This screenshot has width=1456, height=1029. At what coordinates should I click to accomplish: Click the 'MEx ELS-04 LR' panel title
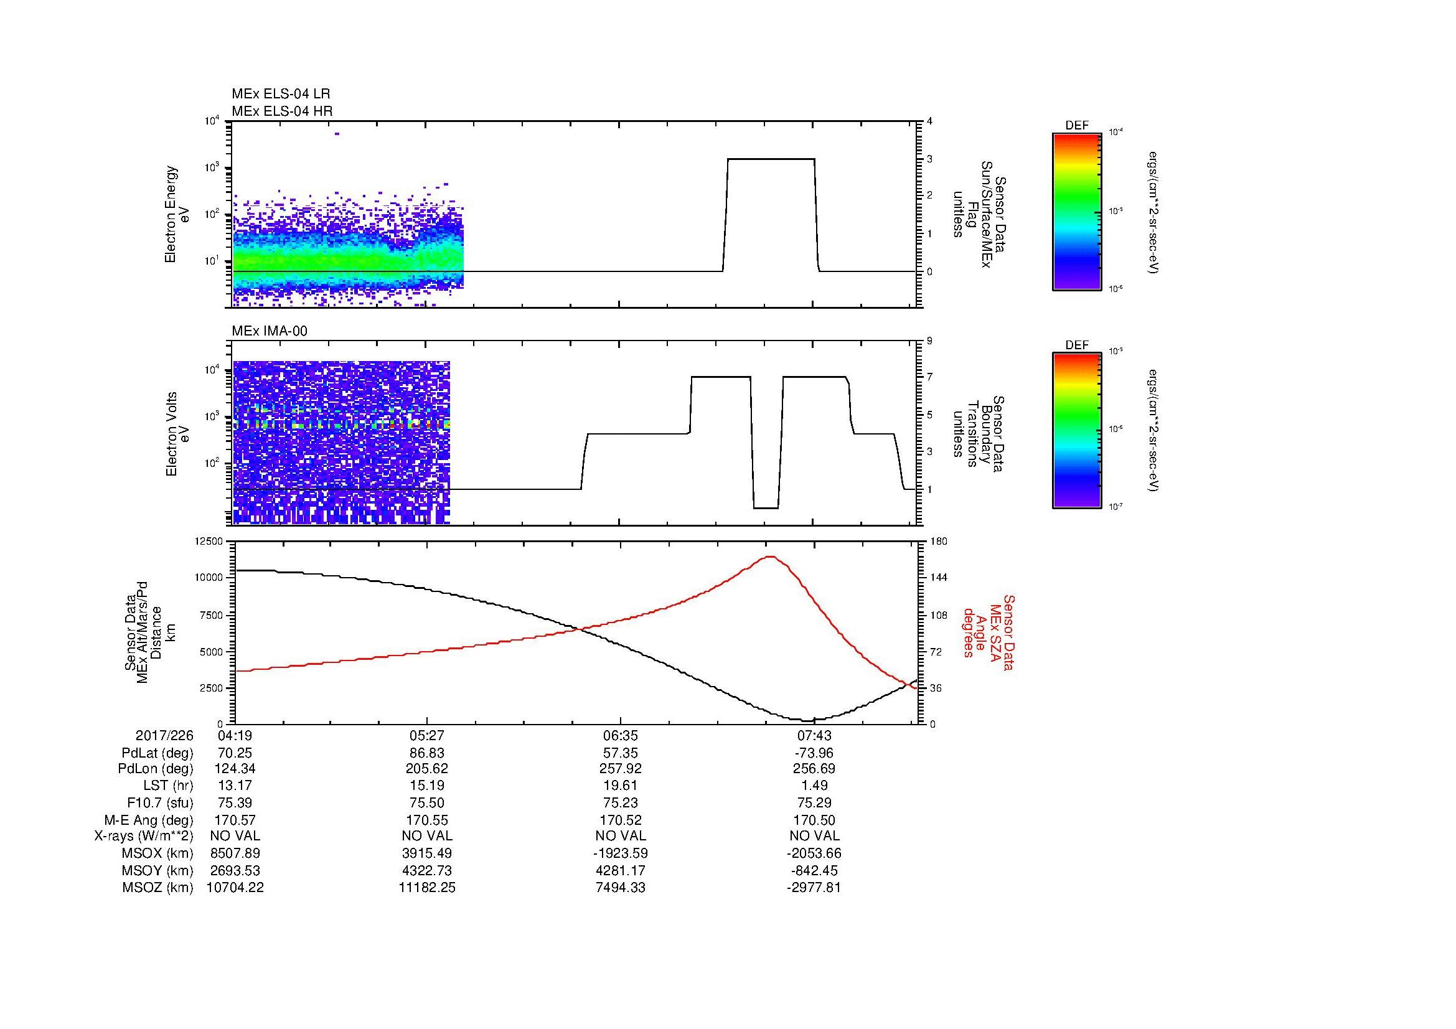pos(280,94)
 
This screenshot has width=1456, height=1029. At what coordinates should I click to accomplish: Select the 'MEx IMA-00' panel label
pos(270,331)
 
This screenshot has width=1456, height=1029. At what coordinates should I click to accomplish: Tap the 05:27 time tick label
pos(427,735)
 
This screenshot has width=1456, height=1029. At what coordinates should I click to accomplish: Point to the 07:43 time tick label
pos(814,735)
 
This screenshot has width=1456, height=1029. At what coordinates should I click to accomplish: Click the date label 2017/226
pos(164,735)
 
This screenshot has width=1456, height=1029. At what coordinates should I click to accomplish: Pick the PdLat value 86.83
pos(427,753)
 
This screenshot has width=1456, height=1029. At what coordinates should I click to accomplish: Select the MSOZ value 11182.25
pos(427,888)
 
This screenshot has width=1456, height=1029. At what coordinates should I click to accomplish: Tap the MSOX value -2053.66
pos(814,853)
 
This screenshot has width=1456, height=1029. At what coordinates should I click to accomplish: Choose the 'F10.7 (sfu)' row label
pos(159,802)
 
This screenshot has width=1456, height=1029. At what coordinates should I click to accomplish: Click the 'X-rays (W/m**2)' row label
pos(143,836)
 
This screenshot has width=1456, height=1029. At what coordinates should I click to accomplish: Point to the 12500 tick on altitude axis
pos(208,541)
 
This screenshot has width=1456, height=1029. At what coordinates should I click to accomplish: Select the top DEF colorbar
pos(1077,211)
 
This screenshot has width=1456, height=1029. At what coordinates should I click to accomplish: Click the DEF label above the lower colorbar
pos(1077,345)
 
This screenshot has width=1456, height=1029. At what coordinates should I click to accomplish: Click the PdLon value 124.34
pos(235,769)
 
